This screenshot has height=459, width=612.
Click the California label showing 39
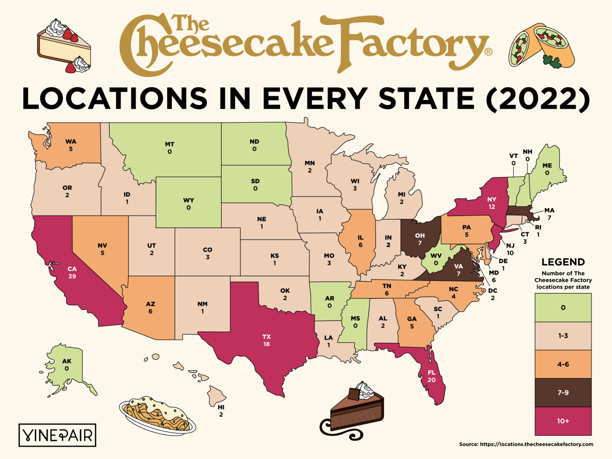tap(72, 273)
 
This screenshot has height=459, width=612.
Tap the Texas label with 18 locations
tap(267, 340)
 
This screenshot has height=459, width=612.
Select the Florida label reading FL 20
tap(432, 376)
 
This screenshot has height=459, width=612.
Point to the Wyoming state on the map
tap(188, 203)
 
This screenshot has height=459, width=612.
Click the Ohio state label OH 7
tap(420, 239)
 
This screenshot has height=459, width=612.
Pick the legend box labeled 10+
tap(563, 421)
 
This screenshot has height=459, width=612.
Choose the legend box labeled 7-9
tap(563, 392)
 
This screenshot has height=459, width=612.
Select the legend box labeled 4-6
tap(563, 364)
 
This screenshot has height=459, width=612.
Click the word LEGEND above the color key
tap(563, 262)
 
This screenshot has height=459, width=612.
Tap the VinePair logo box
tap(57, 435)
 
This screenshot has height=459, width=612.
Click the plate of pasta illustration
tap(157, 415)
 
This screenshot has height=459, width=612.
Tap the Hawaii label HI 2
tap(221, 411)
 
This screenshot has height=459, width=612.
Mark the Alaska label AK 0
tap(67, 365)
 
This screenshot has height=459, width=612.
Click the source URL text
tap(526, 444)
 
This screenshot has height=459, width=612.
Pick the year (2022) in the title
tap(538, 98)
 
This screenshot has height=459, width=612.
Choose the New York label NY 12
tap(492, 203)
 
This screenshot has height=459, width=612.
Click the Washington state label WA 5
tap(71, 145)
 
